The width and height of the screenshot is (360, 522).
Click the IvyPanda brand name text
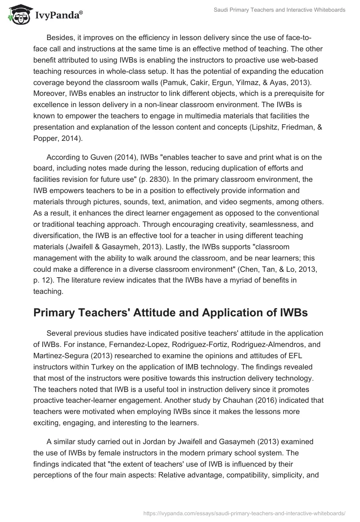click(x=58, y=16)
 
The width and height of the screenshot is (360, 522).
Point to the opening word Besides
click(x=60, y=37)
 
